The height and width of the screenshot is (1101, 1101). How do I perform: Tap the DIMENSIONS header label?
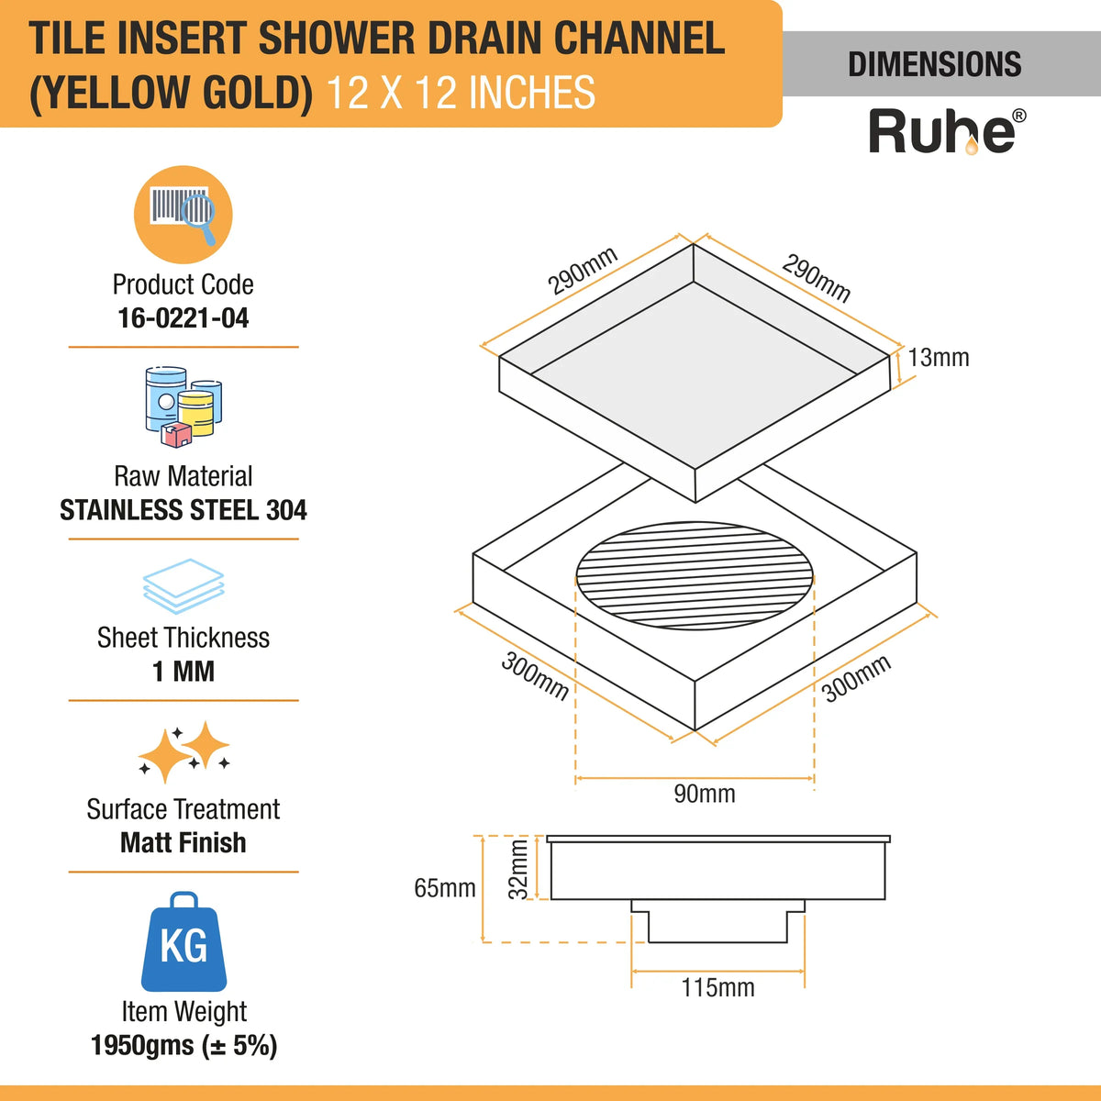click(934, 64)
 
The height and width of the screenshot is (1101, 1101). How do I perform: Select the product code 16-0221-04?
click(183, 318)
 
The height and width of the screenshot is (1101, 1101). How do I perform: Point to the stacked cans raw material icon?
click(183, 406)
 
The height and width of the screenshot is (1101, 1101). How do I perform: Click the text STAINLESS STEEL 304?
click(183, 510)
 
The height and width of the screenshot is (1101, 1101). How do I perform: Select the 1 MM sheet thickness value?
click(183, 672)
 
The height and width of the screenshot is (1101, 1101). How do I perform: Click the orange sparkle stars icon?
click(183, 751)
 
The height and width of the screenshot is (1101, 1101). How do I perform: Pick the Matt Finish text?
click(183, 842)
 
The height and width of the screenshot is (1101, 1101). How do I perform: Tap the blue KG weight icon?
click(183, 942)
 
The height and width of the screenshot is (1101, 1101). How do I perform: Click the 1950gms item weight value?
click(183, 1045)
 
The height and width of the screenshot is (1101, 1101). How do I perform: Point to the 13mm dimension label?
click(939, 358)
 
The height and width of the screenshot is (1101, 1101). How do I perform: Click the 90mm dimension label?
click(704, 794)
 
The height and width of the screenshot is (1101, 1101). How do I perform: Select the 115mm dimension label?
click(717, 988)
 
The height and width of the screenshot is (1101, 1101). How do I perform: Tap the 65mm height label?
click(445, 888)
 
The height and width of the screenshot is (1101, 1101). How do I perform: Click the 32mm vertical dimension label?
click(519, 869)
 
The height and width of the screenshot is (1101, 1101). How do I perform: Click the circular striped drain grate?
click(695, 576)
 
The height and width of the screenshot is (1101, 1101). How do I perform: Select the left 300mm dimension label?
click(534, 676)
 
